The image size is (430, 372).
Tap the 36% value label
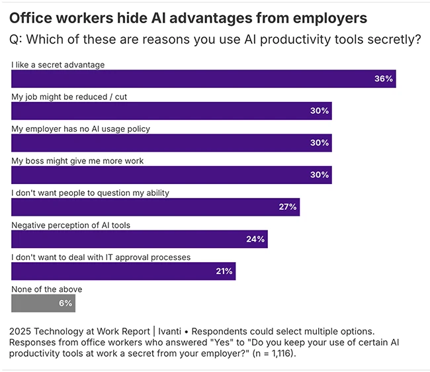(x=384, y=79)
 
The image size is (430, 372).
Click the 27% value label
(x=288, y=207)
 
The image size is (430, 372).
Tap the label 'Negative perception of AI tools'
(x=71, y=225)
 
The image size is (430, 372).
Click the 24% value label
(x=255, y=239)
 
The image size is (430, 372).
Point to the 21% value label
(x=224, y=271)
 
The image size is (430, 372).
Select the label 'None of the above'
(x=47, y=289)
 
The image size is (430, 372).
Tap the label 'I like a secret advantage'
(x=59, y=65)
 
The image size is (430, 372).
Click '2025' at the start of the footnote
(x=22, y=330)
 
